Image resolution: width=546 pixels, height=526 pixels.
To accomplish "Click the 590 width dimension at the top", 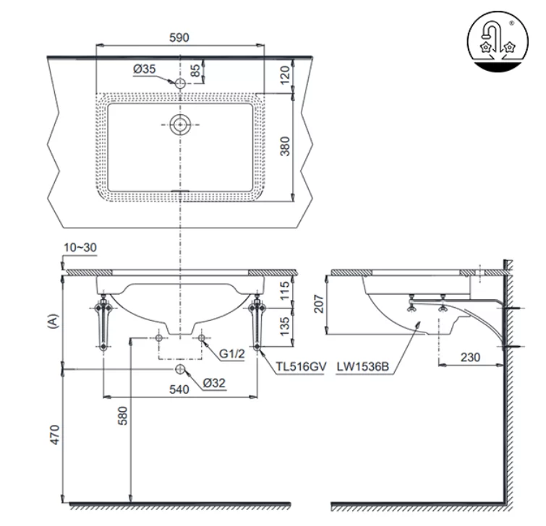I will point(179,38).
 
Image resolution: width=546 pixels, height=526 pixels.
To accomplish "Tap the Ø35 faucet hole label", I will point(145,70).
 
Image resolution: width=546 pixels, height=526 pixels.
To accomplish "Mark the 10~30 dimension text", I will point(80,247).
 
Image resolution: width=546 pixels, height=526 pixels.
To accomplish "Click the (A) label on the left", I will point(51,320).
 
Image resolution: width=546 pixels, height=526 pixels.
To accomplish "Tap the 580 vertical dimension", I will point(123,416).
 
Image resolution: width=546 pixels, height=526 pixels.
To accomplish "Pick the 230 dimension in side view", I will point(470,358).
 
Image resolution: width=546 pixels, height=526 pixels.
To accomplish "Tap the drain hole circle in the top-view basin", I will point(179,124).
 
